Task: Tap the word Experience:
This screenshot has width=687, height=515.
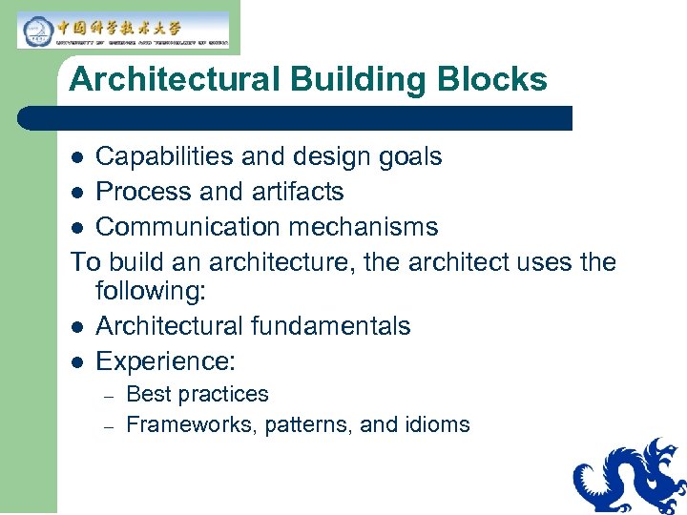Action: click(166, 361)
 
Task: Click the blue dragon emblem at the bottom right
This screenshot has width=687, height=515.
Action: click(630, 476)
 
